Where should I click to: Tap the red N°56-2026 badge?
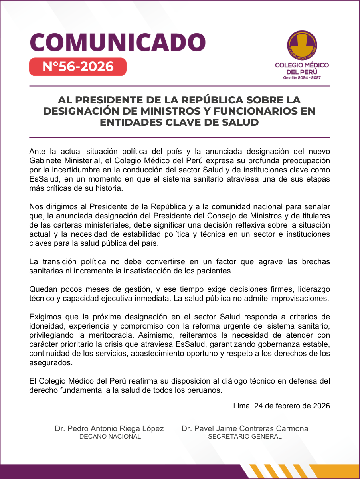point(78,67)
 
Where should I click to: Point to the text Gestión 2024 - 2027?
point(302,78)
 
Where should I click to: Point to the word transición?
point(64,262)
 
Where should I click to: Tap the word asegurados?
point(51,363)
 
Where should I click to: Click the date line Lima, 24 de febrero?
point(281,406)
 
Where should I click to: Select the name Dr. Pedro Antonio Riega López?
point(109,429)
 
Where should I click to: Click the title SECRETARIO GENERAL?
point(245,437)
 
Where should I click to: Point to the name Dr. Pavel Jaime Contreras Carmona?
point(245,429)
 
